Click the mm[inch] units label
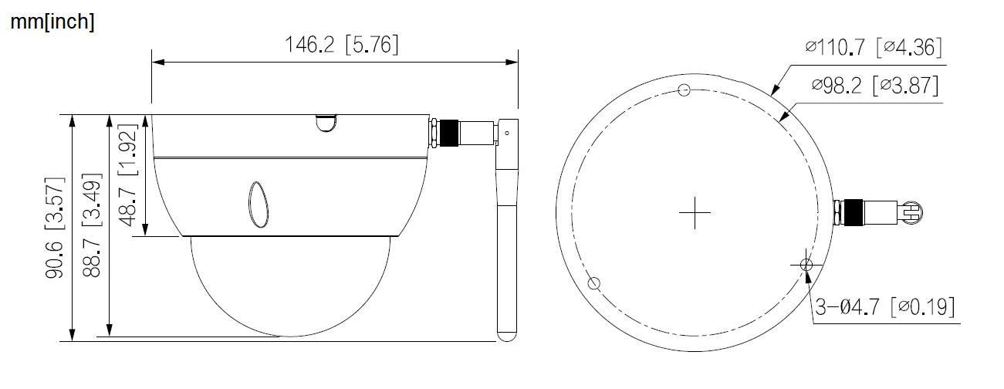tap(52, 22)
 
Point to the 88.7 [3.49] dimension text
tap(93, 228)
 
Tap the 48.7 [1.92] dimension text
tap(129, 175)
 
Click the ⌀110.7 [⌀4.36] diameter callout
tap(873, 48)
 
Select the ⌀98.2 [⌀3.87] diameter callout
tap(875, 85)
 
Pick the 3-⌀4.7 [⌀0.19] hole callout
tap(885, 307)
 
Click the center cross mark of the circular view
tap(695, 212)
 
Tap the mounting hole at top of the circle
tap(682, 90)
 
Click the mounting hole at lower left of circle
tap(593, 283)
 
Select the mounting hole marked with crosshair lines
tap(806, 265)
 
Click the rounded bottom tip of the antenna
tap(507, 333)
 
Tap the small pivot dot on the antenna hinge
tap(507, 133)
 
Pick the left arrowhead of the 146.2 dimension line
tap(157, 62)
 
